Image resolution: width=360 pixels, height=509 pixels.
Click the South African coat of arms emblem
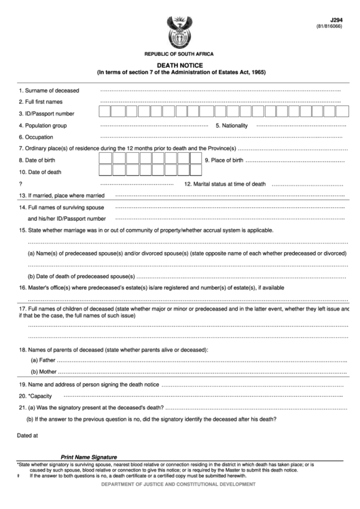pos(179,30)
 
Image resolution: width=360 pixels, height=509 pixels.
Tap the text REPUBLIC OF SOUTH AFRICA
pos(179,53)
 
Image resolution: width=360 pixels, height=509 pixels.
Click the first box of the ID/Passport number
pos(105,113)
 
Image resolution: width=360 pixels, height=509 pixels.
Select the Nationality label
pos(232,126)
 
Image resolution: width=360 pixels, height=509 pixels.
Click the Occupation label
pos(39,137)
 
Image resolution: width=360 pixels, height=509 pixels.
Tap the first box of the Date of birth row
pos(105,160)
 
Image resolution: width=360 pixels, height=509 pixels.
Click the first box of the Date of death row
pos(105,172)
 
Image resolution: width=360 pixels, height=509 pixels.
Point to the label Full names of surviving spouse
pos(62,207)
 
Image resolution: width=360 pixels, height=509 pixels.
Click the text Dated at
pos(28,433)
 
